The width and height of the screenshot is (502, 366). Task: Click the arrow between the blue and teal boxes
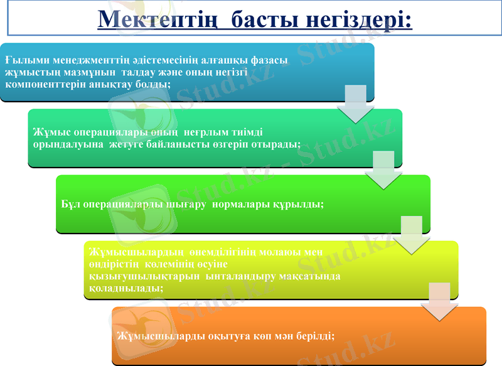(x=356, y=104)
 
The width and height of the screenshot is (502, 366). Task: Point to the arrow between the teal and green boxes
(x=383, y=170)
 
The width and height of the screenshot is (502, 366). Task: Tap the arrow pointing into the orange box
(x=439, y=301)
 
